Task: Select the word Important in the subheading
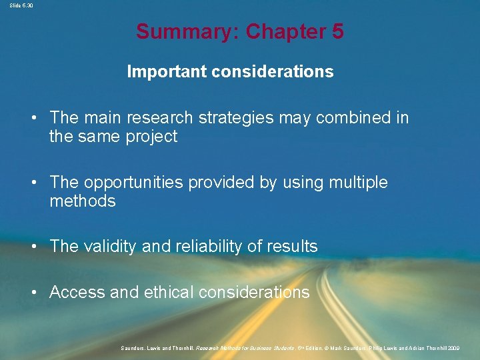click(166, 71)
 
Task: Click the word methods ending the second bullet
click(82, 201)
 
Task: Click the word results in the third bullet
click(291, 247)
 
